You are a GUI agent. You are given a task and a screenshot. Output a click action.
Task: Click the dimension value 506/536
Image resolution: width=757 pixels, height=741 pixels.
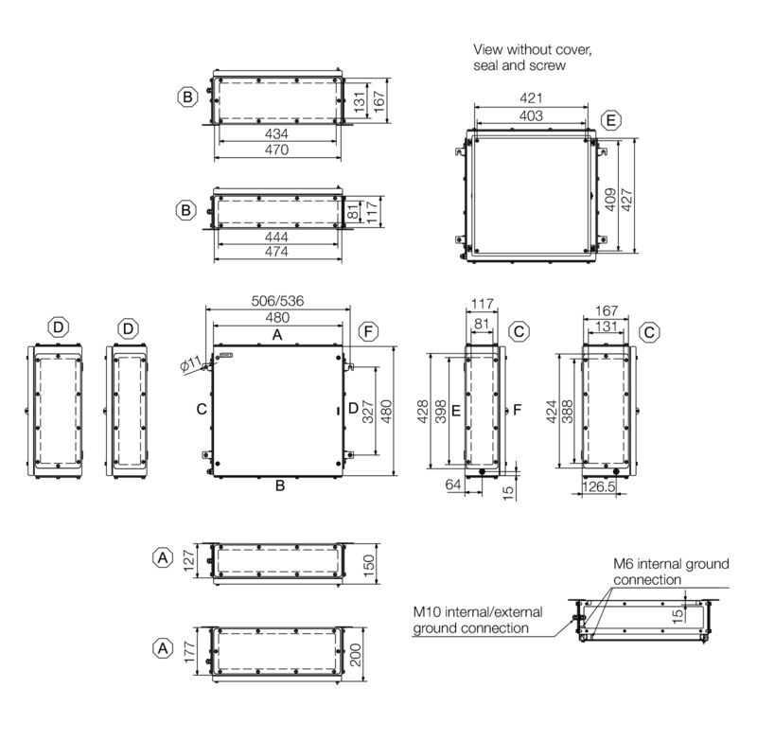(277, 301)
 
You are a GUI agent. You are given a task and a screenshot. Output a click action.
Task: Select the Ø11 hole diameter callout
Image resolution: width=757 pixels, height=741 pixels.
(191, 364)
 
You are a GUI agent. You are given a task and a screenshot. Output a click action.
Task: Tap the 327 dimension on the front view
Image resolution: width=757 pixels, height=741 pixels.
(368, 412)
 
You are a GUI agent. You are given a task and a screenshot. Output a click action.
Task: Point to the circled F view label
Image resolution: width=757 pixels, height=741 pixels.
(368, 331)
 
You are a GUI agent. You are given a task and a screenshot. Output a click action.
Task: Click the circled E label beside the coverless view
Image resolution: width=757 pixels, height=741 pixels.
(610, 120)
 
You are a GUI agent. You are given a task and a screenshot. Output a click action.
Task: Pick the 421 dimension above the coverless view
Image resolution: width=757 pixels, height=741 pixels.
(531, 98)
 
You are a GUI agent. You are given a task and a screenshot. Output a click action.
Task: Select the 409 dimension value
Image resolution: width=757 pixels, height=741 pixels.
(610, 200)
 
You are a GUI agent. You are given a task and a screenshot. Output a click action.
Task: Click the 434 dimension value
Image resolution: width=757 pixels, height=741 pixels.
(276, 133)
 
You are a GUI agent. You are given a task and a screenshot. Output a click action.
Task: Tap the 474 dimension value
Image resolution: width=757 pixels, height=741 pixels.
(276, 252)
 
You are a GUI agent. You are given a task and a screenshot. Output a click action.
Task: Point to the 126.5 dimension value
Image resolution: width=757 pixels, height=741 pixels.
(599, 486)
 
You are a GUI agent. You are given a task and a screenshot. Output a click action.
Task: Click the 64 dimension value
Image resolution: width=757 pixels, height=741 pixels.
(453, 485)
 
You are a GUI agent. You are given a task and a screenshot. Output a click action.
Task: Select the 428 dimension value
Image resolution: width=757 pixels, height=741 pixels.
(423, 412)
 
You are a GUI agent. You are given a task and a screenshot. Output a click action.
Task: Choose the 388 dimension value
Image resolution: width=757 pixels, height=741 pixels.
(568, 412)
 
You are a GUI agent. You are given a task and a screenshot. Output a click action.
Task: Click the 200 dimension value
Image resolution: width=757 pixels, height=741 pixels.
(356, 655)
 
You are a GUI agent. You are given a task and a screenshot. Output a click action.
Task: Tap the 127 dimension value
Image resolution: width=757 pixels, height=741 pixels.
(189, 560)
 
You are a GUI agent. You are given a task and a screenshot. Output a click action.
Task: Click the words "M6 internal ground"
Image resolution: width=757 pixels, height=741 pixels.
(671, 564)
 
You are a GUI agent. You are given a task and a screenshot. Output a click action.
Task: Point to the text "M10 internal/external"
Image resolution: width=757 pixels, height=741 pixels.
(478, 612)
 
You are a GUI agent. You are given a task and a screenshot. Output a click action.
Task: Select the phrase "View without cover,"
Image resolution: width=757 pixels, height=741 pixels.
(533, 50)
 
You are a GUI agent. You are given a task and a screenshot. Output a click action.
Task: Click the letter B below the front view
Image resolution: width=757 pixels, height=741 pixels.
(280, 485)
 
